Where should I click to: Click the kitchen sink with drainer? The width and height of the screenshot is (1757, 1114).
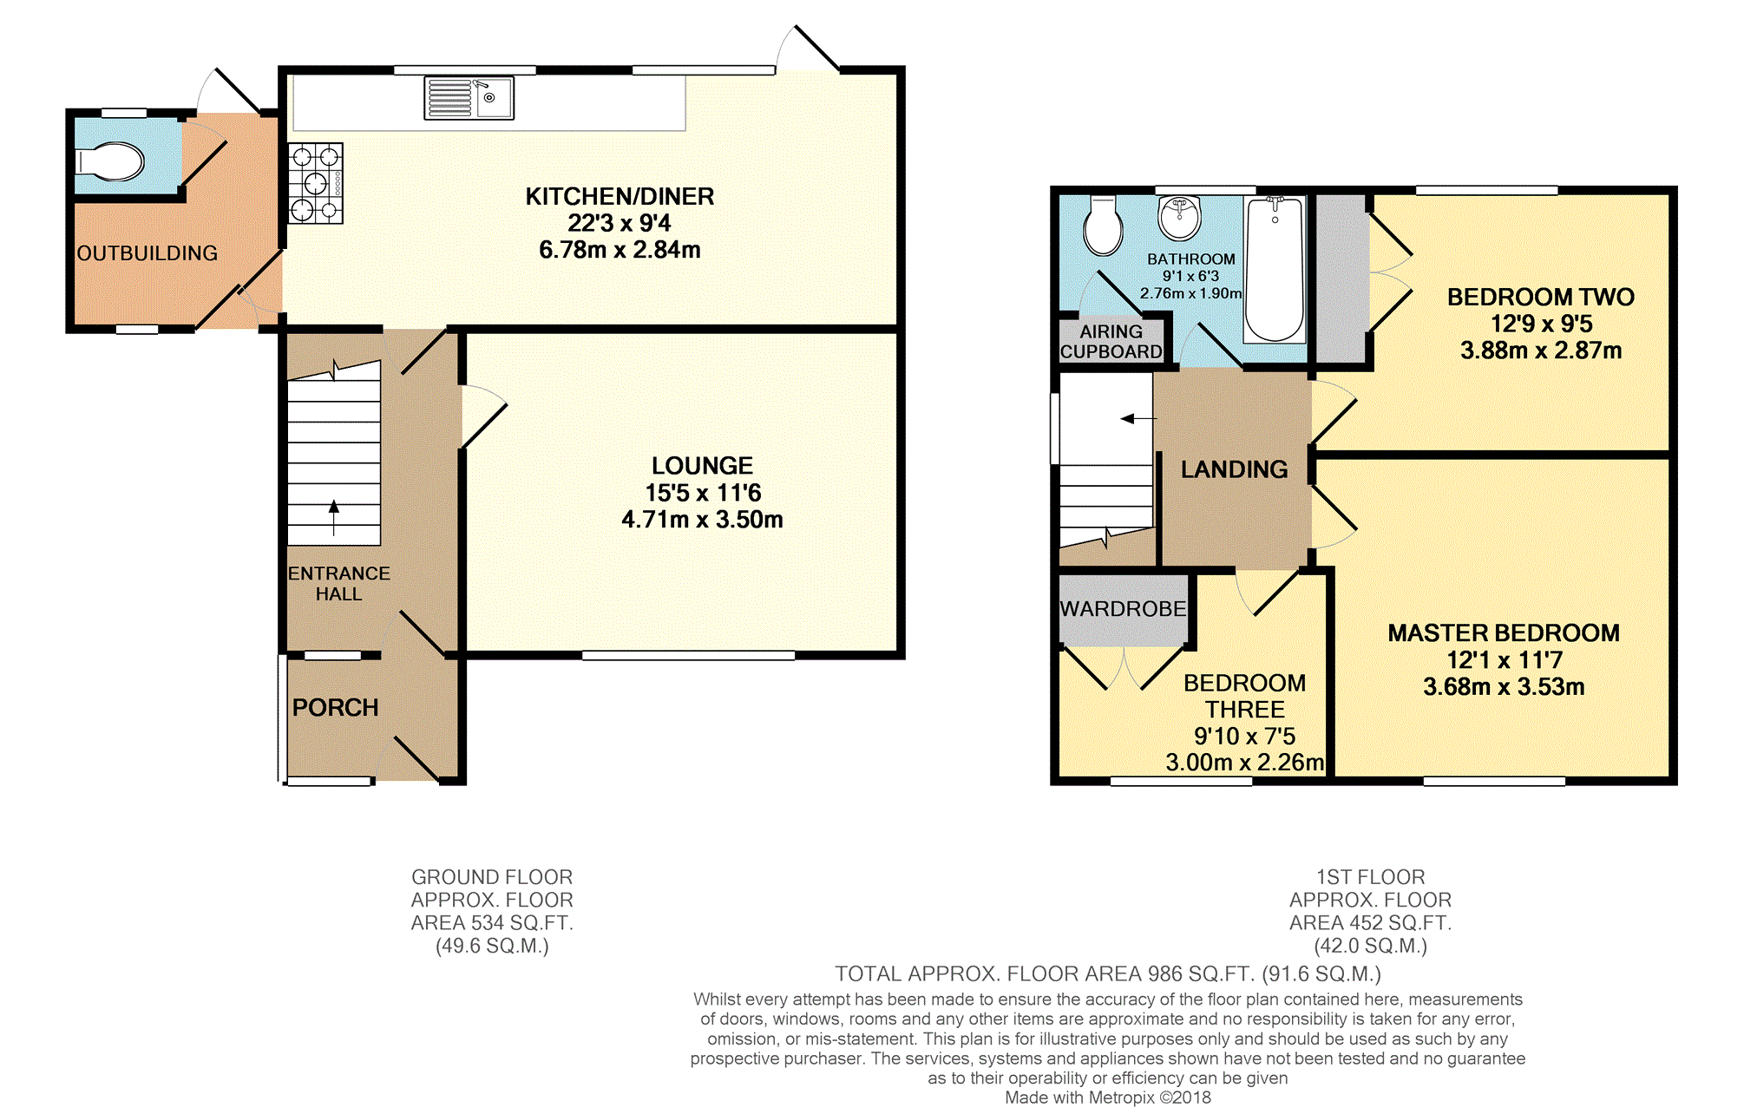click(x=469, y=98)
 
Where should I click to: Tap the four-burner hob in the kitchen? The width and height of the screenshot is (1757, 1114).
click(x=316, y=183)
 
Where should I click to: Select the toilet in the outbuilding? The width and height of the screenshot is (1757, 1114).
click(x=109, y=161)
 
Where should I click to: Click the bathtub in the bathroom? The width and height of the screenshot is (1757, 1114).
click(x=1275, y=270)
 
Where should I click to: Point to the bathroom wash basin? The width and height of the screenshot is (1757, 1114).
click(x=1179, y=217)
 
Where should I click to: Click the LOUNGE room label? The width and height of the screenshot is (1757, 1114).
click(x=703, y=466)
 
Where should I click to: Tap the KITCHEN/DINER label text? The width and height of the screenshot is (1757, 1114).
click(x=620, y=196)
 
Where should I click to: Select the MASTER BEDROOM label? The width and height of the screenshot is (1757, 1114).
click(x=1504, y=633)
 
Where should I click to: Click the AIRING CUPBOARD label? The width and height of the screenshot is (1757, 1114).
click(x=1111, y=342)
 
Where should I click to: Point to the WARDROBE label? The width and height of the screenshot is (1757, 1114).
click(x=1123, y=609)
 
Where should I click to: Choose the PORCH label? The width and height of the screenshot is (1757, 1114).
click(x=335, y=708)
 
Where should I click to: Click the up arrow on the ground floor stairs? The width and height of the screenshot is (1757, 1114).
click(x=334, y=518)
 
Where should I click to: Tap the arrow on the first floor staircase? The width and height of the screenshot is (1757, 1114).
click(x=1138, y=419)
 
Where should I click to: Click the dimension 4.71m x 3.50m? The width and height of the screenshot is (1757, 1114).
click(x=703, y=520)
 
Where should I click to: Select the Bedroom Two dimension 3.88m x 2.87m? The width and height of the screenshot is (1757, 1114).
click(x=1541, y=351)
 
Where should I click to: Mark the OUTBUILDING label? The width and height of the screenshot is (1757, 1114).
click(x=148, y=253)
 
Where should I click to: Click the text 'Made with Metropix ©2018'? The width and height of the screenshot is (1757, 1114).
click(x=1108, y=1098)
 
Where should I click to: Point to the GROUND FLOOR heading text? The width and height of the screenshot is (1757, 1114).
click(x=492, y=877)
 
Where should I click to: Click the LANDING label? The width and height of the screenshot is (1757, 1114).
click(x=1234, y=469)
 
